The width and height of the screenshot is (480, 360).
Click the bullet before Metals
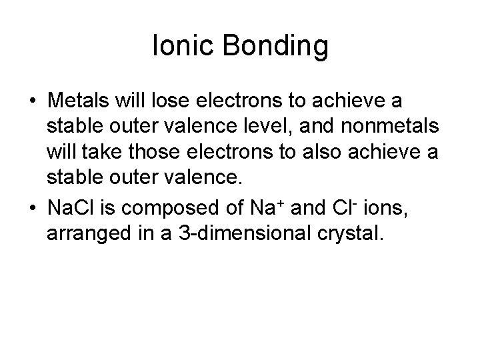coord(32,99)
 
